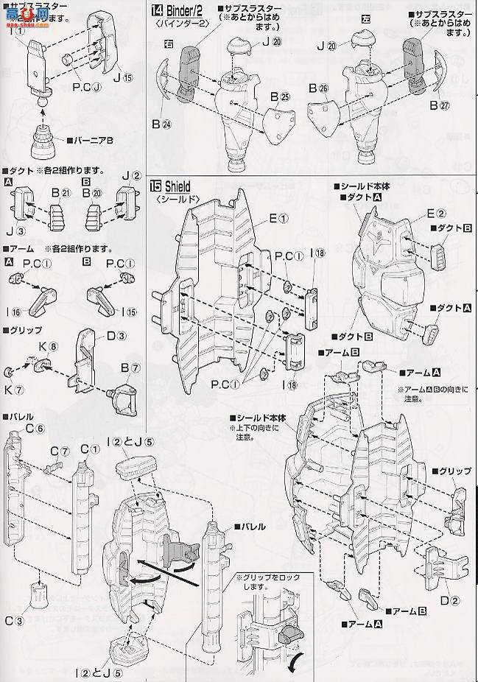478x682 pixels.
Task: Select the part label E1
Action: pos(259,217)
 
